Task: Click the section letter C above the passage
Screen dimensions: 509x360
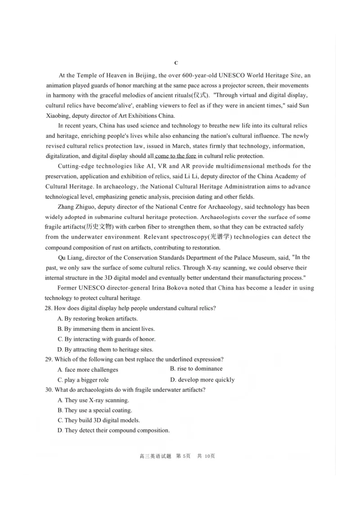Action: (176, 63)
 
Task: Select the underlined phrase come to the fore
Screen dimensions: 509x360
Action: (176, 156)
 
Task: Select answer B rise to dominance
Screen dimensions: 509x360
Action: (196, 369)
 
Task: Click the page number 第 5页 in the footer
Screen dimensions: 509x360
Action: (184, 456)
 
